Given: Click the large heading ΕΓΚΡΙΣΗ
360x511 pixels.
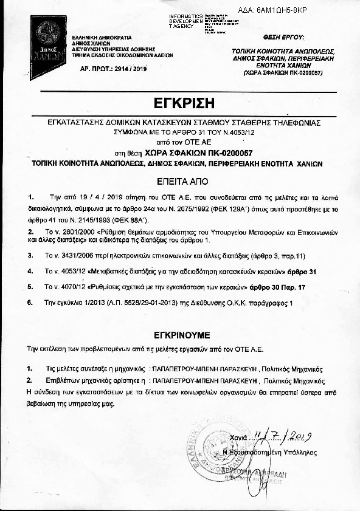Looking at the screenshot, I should click(x=181, y=101).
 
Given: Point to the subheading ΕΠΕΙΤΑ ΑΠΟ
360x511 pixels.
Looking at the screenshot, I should click(x=181, y=181).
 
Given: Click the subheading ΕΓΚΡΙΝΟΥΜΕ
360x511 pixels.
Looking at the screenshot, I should click(x=181, y=334).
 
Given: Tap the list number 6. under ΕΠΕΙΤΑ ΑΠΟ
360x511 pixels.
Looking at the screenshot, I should click(x=30, y=302).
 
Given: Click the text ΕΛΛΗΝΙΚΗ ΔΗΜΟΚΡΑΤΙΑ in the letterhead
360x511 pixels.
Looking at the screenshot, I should click(x=98, y=37).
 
